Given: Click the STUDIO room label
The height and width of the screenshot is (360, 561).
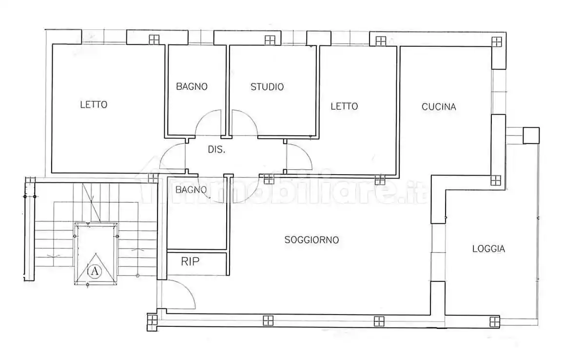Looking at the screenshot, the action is [x=267, y=87].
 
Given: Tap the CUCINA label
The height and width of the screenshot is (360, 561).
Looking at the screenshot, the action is [x=439, y=107].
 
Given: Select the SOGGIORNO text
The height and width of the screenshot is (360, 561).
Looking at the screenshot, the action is [x=311, y=240].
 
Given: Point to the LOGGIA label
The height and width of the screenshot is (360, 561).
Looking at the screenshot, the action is [x=488, y=249].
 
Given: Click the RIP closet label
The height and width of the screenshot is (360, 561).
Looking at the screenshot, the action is [x=190, y=261].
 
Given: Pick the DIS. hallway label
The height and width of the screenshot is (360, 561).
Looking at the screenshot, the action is [x=216, y=149].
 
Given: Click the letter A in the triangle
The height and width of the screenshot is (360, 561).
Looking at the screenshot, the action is [x=95, y=271].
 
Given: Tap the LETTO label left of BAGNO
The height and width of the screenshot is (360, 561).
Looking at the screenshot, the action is [x=94, y=104].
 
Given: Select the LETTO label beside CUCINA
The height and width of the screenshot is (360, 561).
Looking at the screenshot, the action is [x=344, y=106].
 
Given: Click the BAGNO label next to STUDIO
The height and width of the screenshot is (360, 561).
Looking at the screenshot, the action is [x=192, y=86].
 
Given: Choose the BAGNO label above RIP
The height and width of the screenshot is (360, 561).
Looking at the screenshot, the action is [x=191, y=189].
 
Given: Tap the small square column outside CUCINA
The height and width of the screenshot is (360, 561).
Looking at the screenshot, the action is [x=531, y=136].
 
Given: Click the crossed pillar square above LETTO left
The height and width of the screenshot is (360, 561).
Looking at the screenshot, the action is [x=154, y=40].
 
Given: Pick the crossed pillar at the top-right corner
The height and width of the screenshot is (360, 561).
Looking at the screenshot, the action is [x=497, y=42].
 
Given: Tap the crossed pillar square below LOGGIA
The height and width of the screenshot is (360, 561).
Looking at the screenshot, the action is [x=494, y=321].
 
